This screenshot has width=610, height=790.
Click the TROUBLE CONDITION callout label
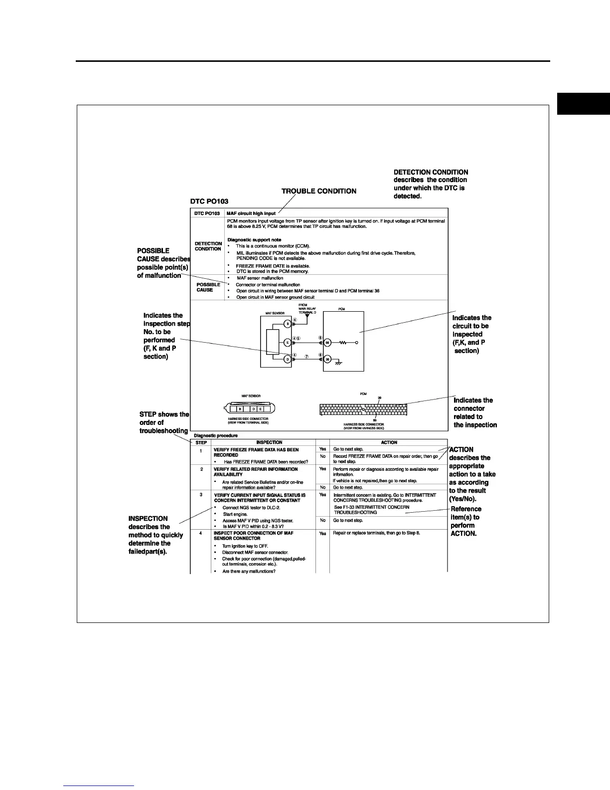319,191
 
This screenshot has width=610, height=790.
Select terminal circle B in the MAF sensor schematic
287,324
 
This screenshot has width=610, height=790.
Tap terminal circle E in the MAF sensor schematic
287,342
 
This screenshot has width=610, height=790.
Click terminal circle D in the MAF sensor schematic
287,359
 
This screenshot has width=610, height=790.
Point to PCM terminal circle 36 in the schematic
327,359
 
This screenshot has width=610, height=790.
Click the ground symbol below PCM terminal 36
338,364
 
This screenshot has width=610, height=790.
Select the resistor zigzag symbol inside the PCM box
343,343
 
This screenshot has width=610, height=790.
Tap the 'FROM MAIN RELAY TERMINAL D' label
307,309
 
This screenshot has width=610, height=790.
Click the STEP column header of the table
201,442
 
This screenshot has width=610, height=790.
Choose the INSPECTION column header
269,442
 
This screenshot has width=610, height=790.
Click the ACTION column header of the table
389,442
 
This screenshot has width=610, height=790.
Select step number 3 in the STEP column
201,495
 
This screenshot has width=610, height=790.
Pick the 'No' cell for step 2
322,487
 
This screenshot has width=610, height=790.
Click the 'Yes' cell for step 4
322,533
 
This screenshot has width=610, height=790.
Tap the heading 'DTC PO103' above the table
209,201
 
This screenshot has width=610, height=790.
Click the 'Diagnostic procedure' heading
216,435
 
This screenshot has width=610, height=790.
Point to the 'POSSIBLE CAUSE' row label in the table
208,287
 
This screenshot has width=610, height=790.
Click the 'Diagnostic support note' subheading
254,240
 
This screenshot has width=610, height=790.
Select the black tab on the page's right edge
583,104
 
